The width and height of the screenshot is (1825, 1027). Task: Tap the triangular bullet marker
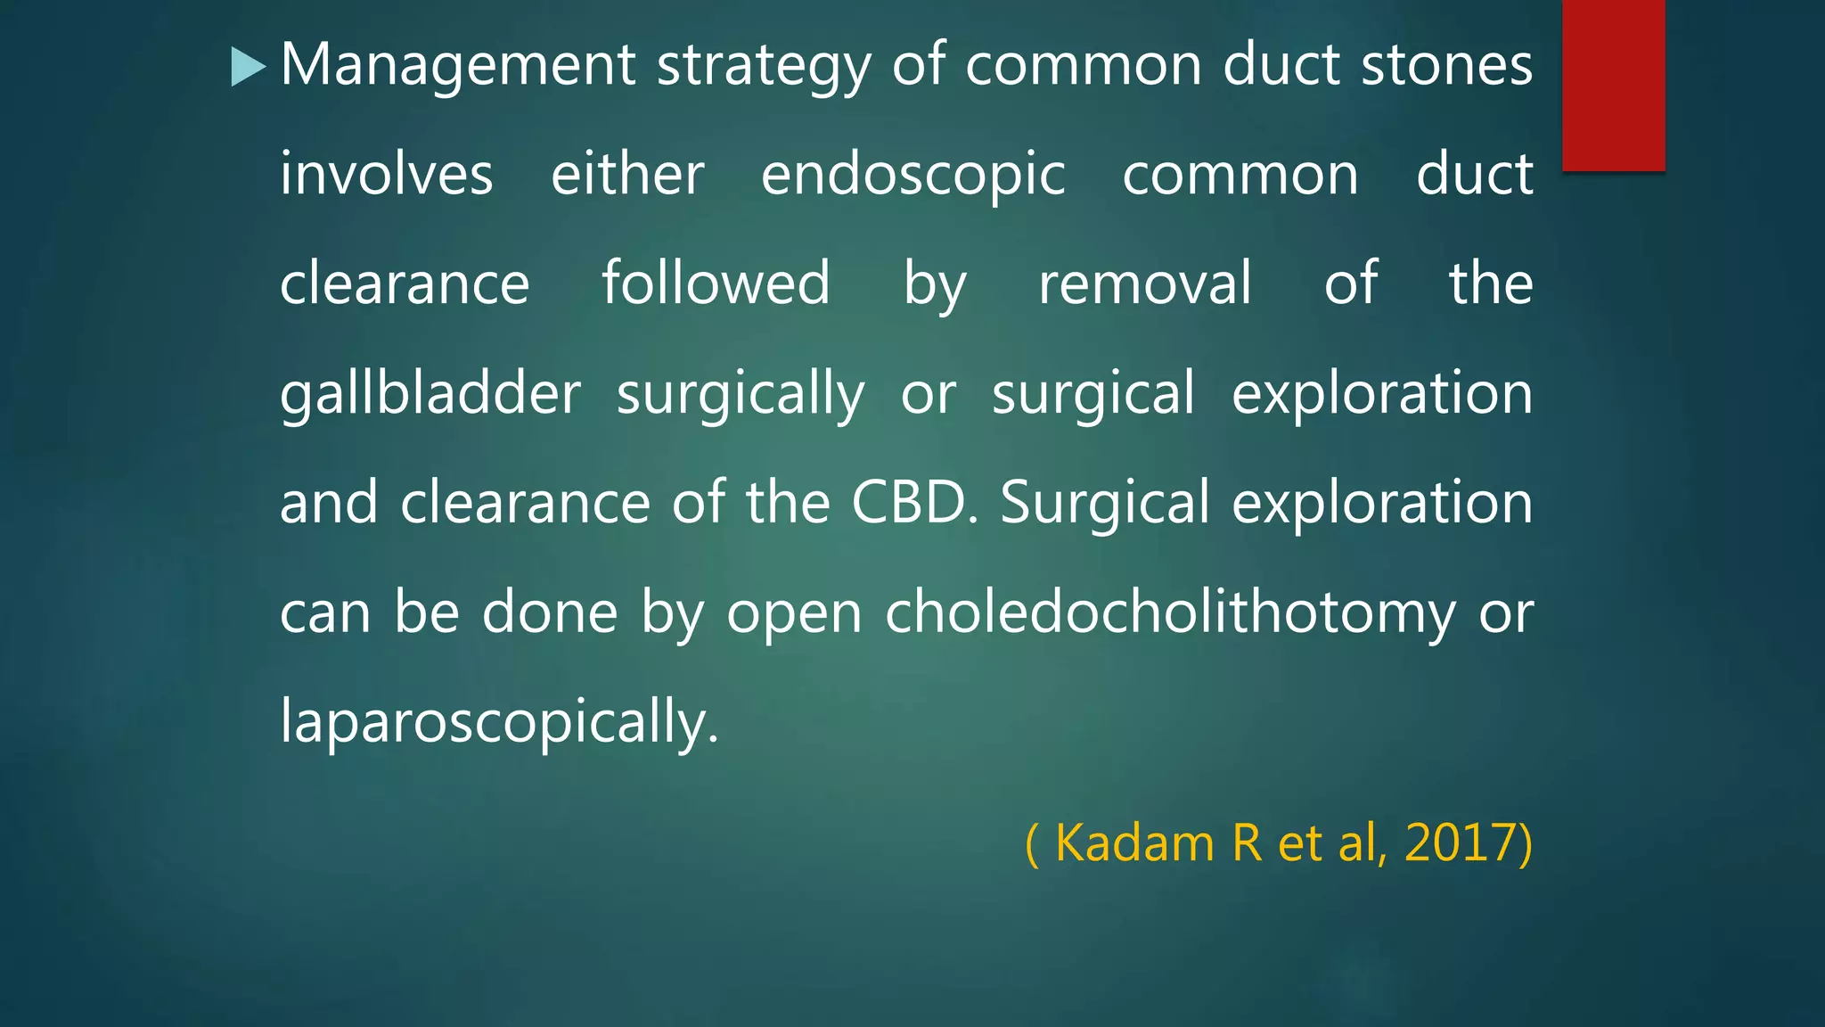click(248, 67)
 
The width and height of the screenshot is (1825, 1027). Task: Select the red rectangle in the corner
click(1613, 85)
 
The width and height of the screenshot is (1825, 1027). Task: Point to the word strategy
click(763, 67)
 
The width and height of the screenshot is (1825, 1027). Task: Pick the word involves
click(386, 174)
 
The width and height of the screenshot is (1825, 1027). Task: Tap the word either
click(627, 174)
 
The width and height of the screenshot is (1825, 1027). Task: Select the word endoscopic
click(912, 176)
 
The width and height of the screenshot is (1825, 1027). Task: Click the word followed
click(716, 283)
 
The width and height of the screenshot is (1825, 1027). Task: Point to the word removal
click(1145, 283)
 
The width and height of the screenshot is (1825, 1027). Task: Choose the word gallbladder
click(430, 394)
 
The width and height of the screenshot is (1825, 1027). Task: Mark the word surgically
click(740, 395)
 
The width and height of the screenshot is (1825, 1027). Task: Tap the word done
click(550, 612)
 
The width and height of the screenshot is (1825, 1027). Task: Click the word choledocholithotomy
click(1170, 613)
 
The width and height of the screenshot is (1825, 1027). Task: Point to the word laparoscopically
click(498, 722)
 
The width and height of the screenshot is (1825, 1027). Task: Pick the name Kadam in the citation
click(1133, 842)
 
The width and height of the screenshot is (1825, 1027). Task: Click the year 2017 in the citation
click(1461, 842)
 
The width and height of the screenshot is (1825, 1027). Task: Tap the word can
click(325, 613)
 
